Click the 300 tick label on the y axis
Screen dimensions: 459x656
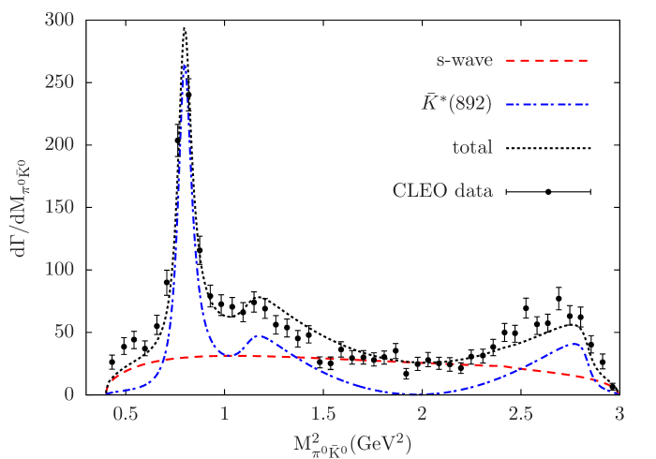[x=58, y=20]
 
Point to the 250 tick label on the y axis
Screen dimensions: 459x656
[x=58, y=82]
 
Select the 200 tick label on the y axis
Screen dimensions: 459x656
[x=58, y=144]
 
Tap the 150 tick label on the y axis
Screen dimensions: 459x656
[x=58, y=207]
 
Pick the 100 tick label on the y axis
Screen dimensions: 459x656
[x=58, y=270]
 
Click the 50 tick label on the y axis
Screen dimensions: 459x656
[x=64, y=332]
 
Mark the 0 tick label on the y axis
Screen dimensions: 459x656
[x=69, y=394]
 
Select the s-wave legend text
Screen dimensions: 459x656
[x=464, y=61]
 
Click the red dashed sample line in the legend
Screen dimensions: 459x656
[x=547, y=61]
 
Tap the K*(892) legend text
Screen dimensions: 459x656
[x=456, y=104]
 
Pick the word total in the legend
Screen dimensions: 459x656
[x=472, y=147]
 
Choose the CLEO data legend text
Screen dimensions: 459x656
[x=442, y=190]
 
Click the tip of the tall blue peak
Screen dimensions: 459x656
[x=185, y=65]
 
